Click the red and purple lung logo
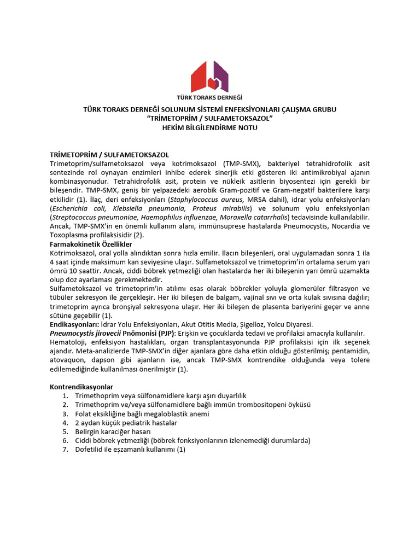pyautogui.click(x=209, y=76)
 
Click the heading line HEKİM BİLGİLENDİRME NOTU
pyautogui.click(x=209, y=127)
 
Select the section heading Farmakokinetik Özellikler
pyautogui.click(x=91, y=244)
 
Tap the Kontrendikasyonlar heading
pyautogui.click(x=81, y=387)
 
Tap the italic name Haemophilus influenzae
pyautogui.click(x=176, y=218)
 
